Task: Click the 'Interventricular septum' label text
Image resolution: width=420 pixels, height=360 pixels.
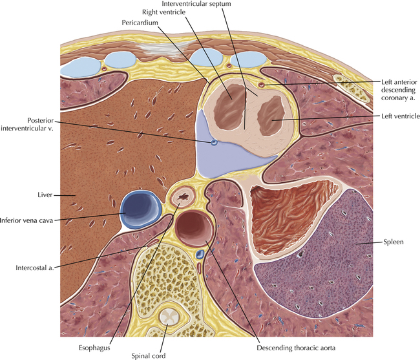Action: pyautogui.click(x=196, y=4)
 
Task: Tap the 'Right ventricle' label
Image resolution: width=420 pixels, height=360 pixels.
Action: pyautogui.click(x=163, y=12)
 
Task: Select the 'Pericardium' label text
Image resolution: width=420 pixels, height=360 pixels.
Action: pyautogui.click(x=140, y=23)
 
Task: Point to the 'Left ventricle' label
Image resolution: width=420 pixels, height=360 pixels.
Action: pyautogui.click(x=401, y=116)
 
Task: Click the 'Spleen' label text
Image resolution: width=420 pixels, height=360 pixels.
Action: pyautogui.click(x=394, y=242)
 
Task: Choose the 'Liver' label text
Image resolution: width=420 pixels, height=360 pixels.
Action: pyautogui.click(x=45, y=195)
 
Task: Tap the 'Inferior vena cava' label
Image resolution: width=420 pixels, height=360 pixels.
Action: pyautogui.click(x=26, y=220)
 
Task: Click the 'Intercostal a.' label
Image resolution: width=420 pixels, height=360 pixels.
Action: pyautogui.click(x=35, y=268)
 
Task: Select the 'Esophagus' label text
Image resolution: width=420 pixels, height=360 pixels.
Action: pyautogui.click(x=94, y=348)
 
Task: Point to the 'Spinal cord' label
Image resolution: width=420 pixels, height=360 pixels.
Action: pyautogui.click(x=149, y=356)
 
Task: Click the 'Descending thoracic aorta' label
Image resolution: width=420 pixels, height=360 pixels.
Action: pyautogui.click(x=296, y=348)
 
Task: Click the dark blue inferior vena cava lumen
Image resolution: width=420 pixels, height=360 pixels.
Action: pyautogui.click(x=141, y=209)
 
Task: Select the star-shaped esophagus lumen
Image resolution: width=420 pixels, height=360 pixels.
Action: pyautogui.click(x=184, y=197)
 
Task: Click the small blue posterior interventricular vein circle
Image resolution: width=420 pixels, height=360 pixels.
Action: pyautogui.click(x=214, y=142)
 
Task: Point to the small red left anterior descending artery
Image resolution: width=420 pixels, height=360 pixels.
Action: pyautogui.click(x=261, y=85)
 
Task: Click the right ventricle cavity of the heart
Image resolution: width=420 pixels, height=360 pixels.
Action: pyautogui.click(x=229, y=107)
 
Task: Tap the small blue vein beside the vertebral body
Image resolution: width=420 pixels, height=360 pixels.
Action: pyautogui.click(x=200, y=253)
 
